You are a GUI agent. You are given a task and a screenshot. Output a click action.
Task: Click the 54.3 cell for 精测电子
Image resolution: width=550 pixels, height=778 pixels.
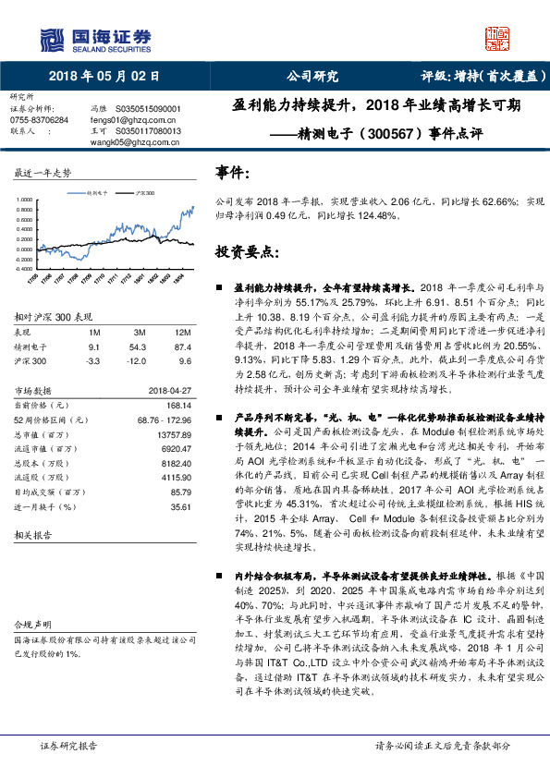(x=140, y=346)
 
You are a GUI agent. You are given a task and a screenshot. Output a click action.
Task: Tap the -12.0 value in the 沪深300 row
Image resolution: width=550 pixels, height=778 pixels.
(x=139, y=361)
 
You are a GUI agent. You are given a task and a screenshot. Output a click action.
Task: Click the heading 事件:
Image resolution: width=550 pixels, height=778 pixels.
(x=233, y=173)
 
